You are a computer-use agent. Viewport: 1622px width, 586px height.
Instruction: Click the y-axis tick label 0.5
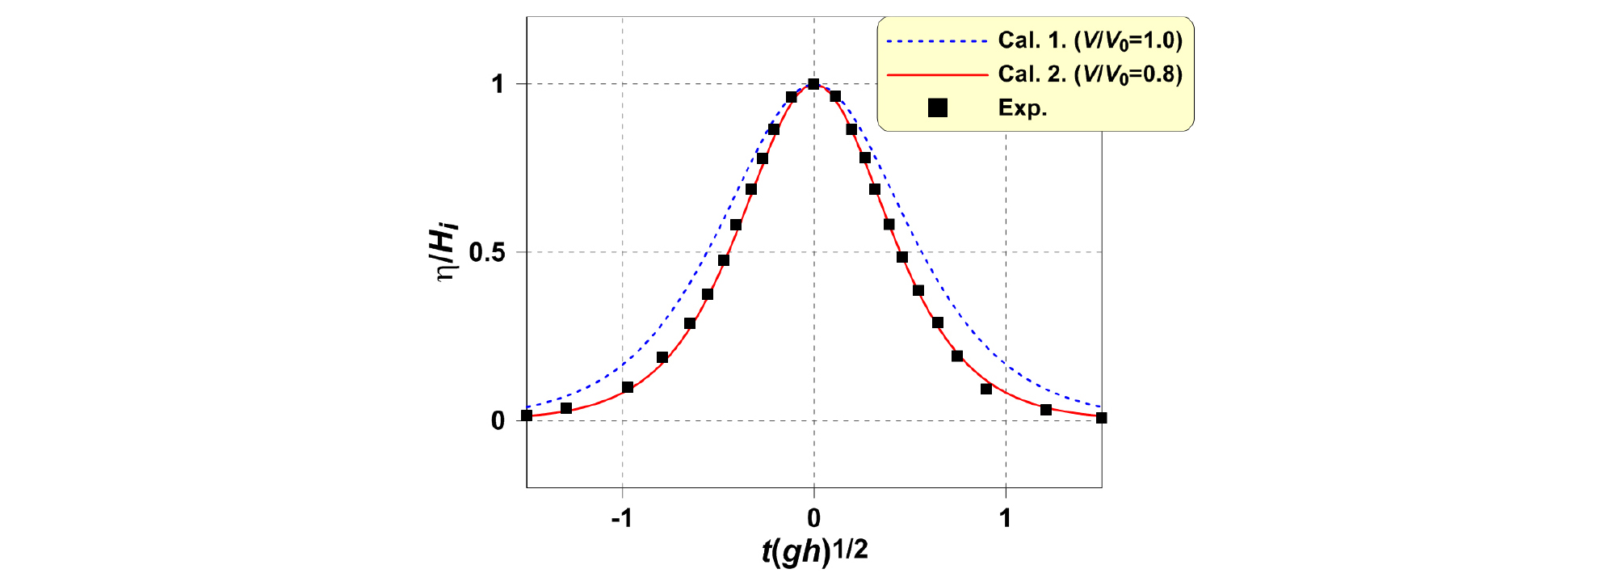[487, 252]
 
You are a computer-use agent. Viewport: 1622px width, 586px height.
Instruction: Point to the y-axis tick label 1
[498, 84]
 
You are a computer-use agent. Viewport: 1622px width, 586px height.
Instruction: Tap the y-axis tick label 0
[498, 420]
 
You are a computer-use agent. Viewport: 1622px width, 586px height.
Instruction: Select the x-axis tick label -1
[621, 518]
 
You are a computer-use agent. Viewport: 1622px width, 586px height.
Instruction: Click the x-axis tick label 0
[813, 518]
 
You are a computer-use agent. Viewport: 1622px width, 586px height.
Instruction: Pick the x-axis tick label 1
[1005, 518]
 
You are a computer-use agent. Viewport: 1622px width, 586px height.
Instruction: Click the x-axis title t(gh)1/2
[814, 551]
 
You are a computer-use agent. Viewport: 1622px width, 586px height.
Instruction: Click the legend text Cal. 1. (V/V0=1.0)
[1090, 40]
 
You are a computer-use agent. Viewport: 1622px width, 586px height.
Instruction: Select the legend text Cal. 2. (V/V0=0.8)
[1090, 74]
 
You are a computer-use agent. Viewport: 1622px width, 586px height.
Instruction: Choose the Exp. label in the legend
[1023, 108]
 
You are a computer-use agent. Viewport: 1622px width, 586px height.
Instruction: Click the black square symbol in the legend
[937, 108]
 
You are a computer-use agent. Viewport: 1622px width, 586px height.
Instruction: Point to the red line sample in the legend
[937, 74]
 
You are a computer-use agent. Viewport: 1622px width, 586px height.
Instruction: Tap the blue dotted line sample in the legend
[937, 40]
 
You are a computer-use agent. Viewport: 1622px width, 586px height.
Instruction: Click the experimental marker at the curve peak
[813, 84]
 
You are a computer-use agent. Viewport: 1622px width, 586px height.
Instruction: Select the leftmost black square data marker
[527, 415]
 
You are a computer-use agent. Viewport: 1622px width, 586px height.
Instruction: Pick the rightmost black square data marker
[1101, 418]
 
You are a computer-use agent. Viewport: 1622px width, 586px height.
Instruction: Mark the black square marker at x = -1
[628, 387]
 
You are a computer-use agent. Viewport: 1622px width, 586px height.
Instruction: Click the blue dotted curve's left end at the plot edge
[528, 407]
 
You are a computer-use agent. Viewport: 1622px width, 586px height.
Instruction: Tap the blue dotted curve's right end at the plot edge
[1100, 407]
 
